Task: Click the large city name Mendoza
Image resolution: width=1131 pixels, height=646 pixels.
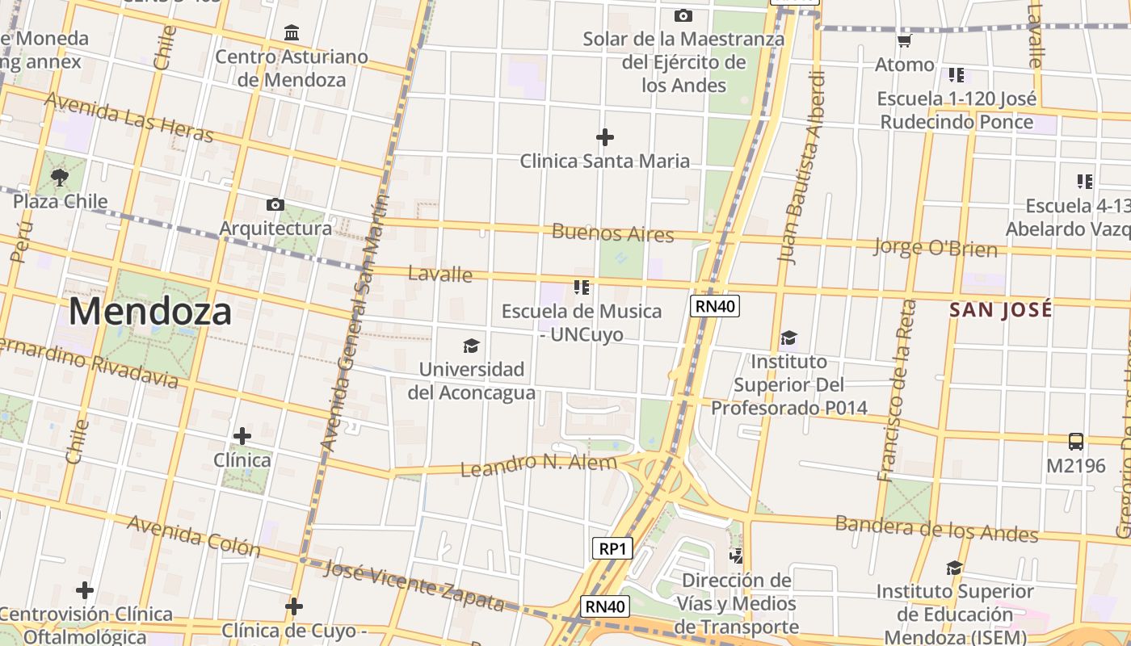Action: point(150,312)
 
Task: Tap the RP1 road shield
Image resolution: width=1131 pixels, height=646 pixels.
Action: point(612,549)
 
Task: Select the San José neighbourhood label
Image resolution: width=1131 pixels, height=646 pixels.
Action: point(1001,309)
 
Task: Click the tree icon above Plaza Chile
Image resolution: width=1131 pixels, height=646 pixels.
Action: point(59,177)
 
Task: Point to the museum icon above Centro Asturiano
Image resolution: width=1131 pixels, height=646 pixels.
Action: point(292,33)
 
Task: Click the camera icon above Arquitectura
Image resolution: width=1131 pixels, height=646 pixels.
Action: point(275,205)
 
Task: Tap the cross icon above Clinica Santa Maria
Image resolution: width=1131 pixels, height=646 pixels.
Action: point(604,137)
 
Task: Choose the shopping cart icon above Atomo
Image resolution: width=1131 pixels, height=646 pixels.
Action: point(905,40)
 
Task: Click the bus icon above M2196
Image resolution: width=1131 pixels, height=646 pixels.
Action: point(1076,442)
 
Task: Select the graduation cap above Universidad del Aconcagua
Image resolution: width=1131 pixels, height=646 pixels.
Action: point(471,346)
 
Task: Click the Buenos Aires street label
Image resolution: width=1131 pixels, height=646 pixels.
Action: point(612,234)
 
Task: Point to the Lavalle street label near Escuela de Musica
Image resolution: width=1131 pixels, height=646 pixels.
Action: point(440,274)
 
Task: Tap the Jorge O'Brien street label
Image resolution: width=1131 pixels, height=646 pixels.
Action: point(935,247)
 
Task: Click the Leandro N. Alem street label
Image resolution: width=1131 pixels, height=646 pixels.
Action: point(538,464)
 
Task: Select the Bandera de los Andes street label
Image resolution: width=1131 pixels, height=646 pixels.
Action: point(936,528)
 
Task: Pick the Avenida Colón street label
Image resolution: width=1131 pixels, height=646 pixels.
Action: point(194,535)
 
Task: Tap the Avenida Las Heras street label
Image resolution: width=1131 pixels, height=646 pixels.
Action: point(129,117)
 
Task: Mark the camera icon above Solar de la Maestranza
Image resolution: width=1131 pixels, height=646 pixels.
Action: point(683,15)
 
